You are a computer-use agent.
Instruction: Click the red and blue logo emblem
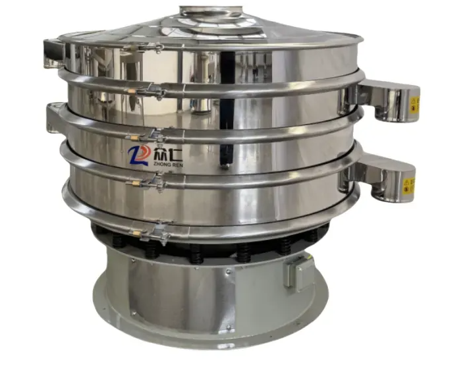139,155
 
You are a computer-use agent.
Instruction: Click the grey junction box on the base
294,272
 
